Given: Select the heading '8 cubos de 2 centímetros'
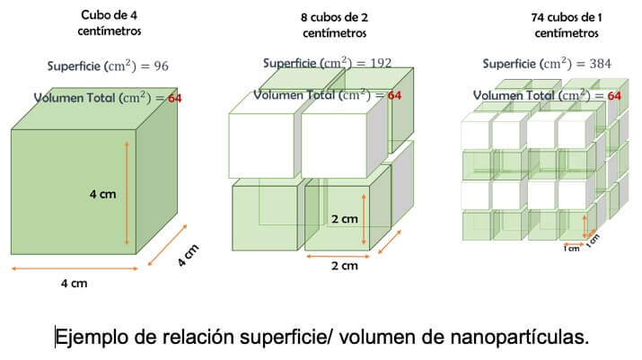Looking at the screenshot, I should tap(334, 25).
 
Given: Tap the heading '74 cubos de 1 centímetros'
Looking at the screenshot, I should tap(566, 25).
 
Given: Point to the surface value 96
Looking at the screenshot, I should tap(160, 66).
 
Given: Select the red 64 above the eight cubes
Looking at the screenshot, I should tap(394, 94).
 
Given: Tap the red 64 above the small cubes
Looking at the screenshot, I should tap(614, 95).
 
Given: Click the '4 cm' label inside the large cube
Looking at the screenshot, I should tap(102, 193).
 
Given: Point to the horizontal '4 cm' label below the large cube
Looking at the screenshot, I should tap(74, 284).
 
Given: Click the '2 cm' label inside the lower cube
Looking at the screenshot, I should tap(344, 218).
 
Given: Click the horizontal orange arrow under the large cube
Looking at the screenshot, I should tap(72, 268).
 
